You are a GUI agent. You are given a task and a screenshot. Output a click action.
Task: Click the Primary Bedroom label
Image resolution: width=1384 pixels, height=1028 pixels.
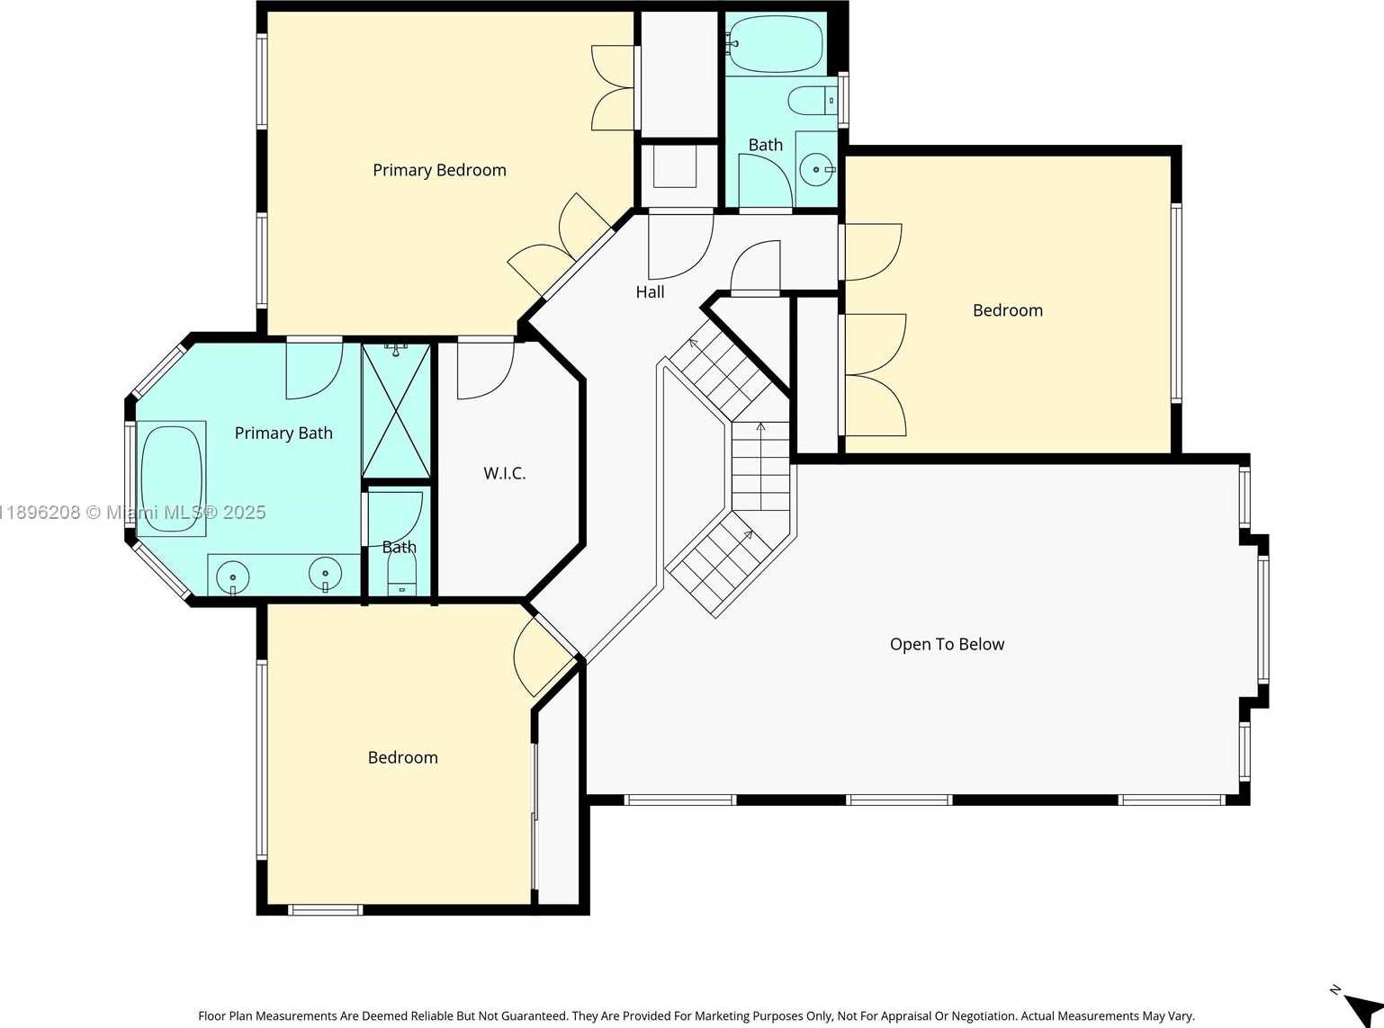(439, 170)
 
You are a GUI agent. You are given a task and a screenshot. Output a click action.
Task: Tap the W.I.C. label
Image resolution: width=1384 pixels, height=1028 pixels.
(504, 473)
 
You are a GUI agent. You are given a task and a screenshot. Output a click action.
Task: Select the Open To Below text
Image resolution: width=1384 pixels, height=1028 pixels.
(947, 644)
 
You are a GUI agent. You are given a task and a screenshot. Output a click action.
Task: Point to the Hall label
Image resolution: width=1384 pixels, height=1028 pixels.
(650, 291)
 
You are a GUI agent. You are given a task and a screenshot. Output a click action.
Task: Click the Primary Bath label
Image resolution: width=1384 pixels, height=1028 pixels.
(283, 433)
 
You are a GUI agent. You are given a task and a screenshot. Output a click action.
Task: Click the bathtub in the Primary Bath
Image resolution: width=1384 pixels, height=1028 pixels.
(171, 478)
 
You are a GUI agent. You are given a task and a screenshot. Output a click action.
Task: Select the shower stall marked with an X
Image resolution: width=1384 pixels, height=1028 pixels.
(397, 411)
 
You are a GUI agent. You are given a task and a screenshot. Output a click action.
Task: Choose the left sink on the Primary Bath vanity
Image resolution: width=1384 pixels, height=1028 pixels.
(233, 576)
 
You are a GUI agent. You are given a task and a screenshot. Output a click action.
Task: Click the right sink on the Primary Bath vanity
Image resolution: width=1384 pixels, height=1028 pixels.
(325, 572)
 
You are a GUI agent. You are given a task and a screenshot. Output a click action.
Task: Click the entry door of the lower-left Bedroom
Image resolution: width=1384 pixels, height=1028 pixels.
(543, 654)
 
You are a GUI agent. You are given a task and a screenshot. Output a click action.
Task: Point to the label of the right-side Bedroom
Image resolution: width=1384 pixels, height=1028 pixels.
(1007, 310)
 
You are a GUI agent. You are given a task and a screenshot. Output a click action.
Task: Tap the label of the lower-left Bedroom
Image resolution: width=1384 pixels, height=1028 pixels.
(402, 757)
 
